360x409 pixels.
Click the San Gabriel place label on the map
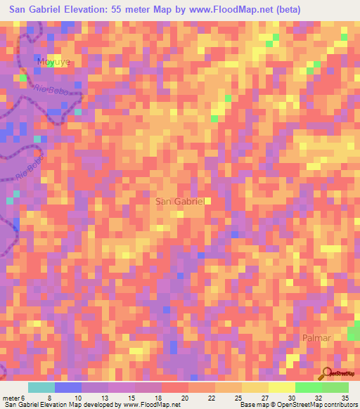coord(179,201)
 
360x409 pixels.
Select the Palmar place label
coord(316,338)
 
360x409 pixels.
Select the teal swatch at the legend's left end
coord(41,387)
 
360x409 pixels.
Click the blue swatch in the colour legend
coord(68,387)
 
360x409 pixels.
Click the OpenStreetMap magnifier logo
coord(328,373)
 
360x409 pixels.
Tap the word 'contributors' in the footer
coord(340,405)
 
